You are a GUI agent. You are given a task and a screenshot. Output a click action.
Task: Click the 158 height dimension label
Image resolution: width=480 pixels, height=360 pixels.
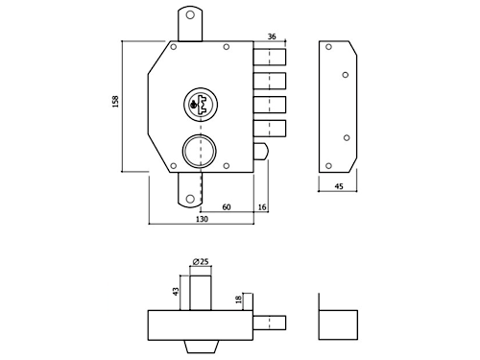coord(115,101)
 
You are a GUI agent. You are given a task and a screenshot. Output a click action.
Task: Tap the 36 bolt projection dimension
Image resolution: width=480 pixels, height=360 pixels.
coord(272,36)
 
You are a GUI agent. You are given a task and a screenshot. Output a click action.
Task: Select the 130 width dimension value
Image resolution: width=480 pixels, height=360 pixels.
coord(202,219)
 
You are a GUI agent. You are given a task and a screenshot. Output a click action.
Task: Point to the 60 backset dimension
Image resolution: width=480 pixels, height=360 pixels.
coord(227,207)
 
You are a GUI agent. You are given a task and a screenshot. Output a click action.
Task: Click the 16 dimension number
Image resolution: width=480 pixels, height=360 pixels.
coord(262,207)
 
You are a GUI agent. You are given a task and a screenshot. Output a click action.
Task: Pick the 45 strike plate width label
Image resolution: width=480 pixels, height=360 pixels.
coord(339,186)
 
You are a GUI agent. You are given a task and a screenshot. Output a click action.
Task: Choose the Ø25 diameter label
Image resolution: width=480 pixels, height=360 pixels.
coord(201,261)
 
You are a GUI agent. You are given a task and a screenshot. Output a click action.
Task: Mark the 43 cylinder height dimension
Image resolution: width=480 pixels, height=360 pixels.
coord(176,291)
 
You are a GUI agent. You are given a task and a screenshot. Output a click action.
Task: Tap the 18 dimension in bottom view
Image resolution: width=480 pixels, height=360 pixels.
coord(238,300)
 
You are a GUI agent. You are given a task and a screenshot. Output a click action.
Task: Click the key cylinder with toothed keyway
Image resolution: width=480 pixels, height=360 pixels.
coord(201,104)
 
